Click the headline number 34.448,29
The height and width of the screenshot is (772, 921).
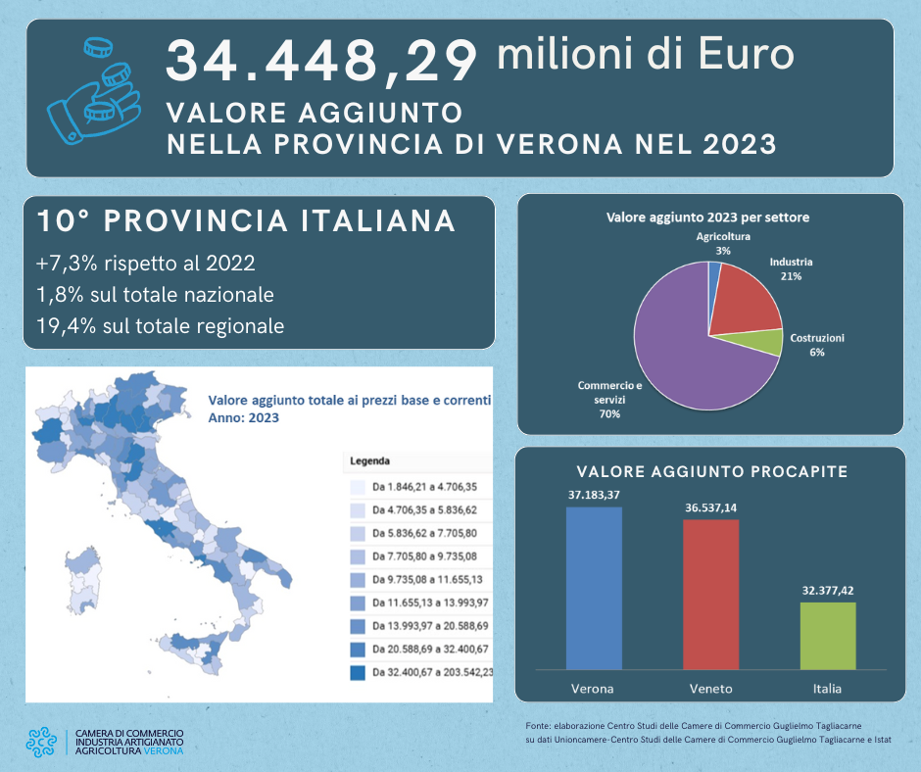click(321, 61)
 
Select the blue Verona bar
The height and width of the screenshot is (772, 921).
click(594, 588)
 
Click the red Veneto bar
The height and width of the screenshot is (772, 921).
click(710, 594)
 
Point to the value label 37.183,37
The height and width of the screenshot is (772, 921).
click(594, 495)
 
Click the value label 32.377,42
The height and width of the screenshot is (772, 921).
click(828, 590)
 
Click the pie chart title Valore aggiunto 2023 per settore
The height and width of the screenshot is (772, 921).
click(707, 217)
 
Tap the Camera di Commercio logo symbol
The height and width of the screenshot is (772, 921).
click(42, 743)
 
